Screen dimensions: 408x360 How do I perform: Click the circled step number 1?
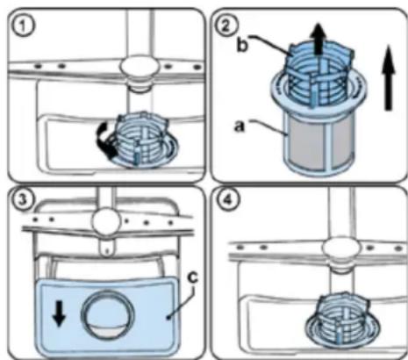point(24,25)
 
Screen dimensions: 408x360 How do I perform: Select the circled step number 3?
point(22,199)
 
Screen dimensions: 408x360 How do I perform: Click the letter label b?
point(242,46)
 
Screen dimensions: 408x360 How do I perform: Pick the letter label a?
point(239,126)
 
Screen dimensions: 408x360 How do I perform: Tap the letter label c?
point(192,277)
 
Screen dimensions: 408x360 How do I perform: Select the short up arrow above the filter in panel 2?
point(319,39)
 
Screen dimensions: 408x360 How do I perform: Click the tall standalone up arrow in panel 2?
point(388,78)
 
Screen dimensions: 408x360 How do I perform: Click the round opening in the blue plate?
point(108,314)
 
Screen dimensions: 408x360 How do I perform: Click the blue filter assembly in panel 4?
point(342,319)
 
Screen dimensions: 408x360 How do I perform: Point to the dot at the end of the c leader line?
point(168,317)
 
